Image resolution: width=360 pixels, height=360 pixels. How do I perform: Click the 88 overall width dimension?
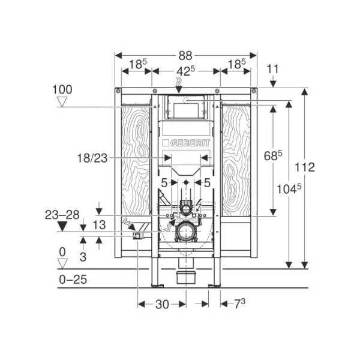[185, 56]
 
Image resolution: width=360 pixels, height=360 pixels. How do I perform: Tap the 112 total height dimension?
[304, 167]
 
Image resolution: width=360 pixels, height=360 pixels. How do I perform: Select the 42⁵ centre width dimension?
[185, 71]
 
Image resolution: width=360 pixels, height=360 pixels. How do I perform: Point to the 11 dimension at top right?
[273, 69]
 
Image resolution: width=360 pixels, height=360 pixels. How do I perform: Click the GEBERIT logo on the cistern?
[186, 143]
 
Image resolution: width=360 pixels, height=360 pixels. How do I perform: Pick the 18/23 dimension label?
[92, 158]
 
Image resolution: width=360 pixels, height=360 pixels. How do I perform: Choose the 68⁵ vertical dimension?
[273, 156]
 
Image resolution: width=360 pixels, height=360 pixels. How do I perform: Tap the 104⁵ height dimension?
[289, 189]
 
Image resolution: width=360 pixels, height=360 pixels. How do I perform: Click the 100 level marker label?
[62, 89]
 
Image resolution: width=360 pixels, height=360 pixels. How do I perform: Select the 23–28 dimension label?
[62, 215]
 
